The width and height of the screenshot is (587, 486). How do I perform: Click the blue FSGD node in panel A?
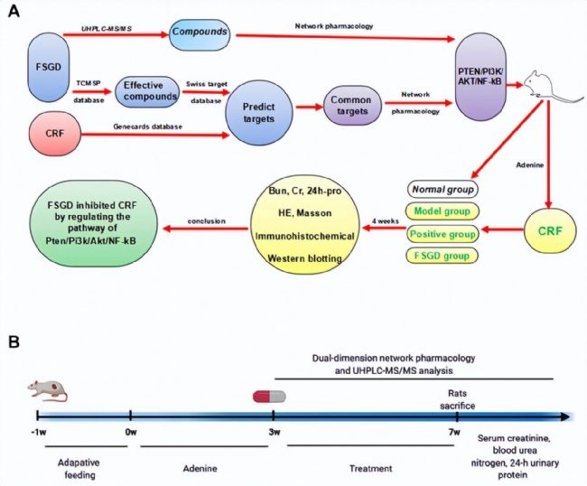(x=49, y=67)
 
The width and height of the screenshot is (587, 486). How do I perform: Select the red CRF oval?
(x=55, y=134)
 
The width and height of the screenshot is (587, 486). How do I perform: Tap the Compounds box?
(x=200, y=33)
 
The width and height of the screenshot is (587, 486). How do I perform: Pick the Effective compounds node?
(x=147, y=91)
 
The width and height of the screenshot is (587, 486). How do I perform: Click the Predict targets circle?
(x=258, y=113)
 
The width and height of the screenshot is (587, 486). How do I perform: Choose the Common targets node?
(x=352, y=106)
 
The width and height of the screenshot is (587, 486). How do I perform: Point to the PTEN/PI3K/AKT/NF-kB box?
(x=480, y=77)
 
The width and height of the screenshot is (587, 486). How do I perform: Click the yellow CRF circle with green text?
(x=550, y=230)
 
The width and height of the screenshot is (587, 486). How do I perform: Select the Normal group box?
(x=443, y=190)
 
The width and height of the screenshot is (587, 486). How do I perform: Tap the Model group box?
(x=443, y=211)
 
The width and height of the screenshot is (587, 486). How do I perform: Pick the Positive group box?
(x=443, y=234)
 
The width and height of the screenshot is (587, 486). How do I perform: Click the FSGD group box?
(x=443, y=257)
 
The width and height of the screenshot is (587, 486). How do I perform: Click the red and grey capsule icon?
(x=269, y=397)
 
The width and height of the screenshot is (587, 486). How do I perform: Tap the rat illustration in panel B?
(x=48, y=390)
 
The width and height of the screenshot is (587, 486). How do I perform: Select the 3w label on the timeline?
(x=275, y=432)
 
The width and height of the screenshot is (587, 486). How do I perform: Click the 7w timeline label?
(x=454, y=432)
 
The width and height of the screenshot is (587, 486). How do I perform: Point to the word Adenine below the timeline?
(x=200, y=469)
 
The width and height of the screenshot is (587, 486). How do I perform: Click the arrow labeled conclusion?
(x=206, y=228)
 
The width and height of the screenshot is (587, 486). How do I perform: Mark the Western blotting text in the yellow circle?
(x=304, y=258)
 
